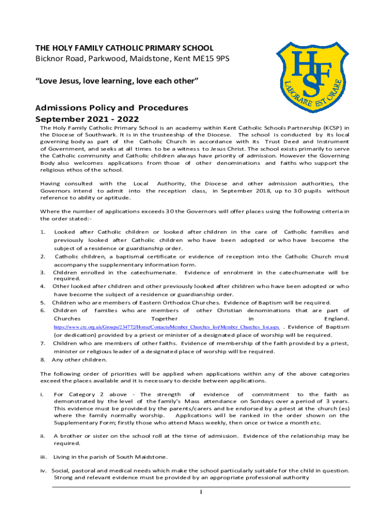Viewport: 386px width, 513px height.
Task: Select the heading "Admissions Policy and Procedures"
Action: click(x=111, y=108)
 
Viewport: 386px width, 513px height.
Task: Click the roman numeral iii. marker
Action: click(x=43, y=457)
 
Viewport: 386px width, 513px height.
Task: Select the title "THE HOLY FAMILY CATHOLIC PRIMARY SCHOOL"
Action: click(x=124, y=49)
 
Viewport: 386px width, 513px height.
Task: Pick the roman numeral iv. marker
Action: click(x=43, y=470)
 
